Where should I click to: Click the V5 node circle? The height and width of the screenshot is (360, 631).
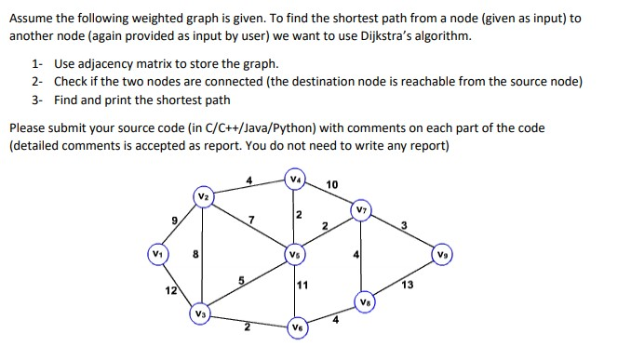[x=295, y=253]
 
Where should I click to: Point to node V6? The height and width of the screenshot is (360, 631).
[x=296, y=327]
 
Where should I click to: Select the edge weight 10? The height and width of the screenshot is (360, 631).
[x=332, y=185]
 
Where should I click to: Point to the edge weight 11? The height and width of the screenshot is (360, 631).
[x=303, y=285]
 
